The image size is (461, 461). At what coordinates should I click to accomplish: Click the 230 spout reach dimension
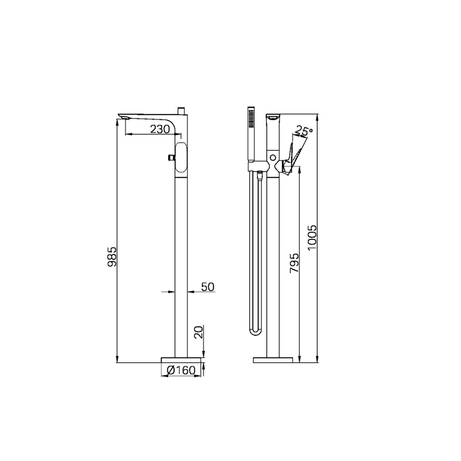click(160, 129)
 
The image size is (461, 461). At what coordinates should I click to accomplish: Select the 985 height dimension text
click(112, 257)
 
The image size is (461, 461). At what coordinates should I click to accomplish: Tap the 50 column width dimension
click(208, 287)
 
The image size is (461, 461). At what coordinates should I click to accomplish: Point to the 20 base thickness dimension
click(199, 332)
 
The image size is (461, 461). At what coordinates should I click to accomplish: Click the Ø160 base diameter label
click(181, 371)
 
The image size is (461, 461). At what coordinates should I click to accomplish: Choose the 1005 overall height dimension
click(312, 238)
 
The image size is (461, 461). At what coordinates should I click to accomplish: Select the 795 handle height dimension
click(294, 263)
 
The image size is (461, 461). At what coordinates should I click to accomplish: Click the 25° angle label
click(304, 131)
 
